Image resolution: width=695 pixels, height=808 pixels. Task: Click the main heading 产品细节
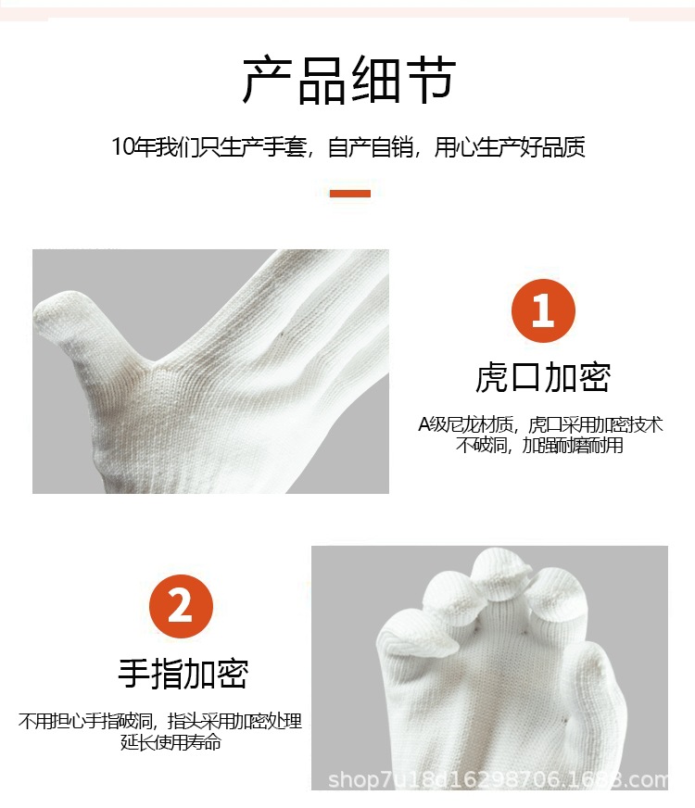pos(348,81)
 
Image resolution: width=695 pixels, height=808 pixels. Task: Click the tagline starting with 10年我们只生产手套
pos(348,147)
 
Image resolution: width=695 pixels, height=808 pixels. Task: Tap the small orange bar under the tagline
pos(350,194)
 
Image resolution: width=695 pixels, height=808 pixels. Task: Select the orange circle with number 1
pos(543,310)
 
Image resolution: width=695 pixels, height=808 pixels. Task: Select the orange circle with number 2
pos(181,607)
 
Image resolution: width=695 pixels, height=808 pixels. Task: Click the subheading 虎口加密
pos(543,378)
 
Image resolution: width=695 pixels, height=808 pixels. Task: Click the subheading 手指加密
pos(183,674)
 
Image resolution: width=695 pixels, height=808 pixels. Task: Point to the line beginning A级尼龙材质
pos(541,425)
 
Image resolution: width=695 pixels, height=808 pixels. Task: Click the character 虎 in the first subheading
pos(492,378)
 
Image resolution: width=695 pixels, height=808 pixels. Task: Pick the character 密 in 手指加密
pos(232,674)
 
